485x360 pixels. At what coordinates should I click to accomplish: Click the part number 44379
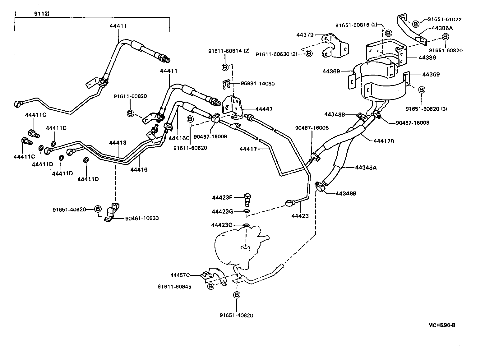coord(305,35)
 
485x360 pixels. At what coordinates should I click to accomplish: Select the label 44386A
coord(442,28)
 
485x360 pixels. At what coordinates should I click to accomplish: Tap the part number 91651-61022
coord(445,19)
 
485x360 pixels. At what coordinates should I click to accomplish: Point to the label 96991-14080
coord(258,84)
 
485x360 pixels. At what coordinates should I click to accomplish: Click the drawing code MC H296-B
coord(441,325)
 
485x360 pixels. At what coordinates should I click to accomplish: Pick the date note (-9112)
coord(32,14)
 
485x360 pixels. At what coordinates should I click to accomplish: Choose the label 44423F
coord(222,197)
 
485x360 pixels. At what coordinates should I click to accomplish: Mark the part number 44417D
coord(384,141)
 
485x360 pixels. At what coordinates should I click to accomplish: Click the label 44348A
coord(366,168)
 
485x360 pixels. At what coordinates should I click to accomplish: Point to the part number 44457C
coord(180,275)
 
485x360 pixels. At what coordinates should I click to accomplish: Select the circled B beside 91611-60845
coord(210,286)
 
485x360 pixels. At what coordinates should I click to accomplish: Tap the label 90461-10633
coord(142,218)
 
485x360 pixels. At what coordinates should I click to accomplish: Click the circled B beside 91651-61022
coord(416,23)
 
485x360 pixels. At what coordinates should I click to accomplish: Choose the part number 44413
coord(118,143)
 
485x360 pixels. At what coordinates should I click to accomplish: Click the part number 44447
coord(264,109)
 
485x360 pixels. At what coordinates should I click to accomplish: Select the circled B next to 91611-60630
coord(309,54)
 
